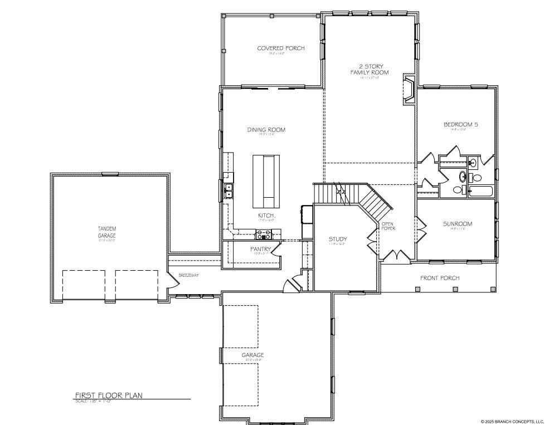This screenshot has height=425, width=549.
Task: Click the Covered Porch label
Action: point(280,48)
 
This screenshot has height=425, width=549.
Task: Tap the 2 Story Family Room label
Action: point(369,69)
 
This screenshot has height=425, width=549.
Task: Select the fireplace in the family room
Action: point(409,90)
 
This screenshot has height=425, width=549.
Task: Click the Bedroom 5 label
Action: point(460,125)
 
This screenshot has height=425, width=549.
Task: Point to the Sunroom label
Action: point(457,224)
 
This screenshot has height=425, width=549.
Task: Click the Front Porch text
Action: point(440,278)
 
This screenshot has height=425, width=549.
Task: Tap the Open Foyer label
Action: point(388,226)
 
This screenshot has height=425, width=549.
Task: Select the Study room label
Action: point(338,239)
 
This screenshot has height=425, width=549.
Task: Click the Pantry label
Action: point(261,249)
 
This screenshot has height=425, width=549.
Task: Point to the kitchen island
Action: point(264,180)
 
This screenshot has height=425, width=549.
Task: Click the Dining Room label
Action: point(266,130)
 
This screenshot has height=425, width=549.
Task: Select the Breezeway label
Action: point(188,276)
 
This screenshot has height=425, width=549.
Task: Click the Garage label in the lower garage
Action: point(252,355)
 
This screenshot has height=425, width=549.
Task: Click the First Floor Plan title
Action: point(109,395)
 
